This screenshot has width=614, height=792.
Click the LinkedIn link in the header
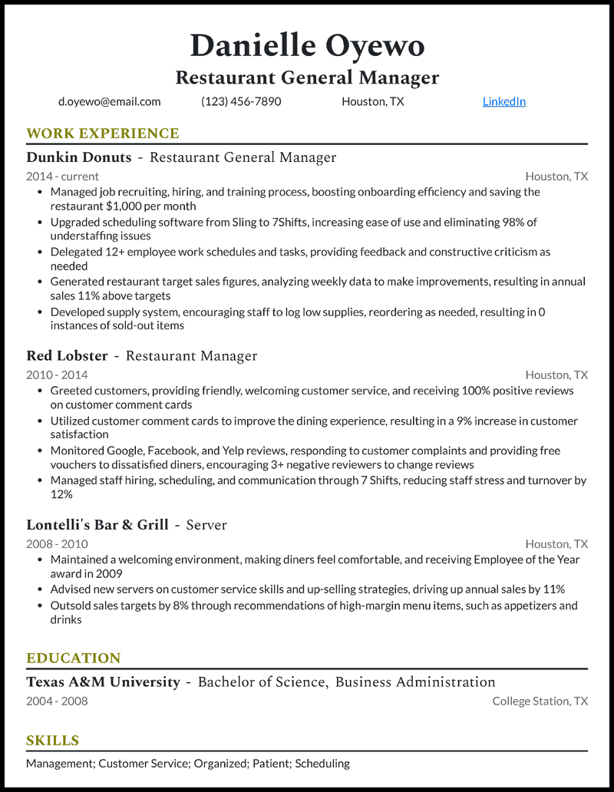coord(503,101)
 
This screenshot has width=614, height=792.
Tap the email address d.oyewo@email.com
coord(109,101)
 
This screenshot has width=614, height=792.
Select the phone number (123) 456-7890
coord(241,101)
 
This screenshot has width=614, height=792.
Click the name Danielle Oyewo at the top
coord(307,46)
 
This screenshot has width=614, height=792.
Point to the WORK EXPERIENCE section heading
coord(102,134)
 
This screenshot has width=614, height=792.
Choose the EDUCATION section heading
coord(74,658)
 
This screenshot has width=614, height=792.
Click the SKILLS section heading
coord(53,741)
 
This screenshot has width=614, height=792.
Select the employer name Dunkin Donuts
coord(79,158)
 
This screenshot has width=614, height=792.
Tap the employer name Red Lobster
coord(67,356)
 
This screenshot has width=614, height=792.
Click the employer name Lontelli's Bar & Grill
coord(97,525)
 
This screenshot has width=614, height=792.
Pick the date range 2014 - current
coord(62,177)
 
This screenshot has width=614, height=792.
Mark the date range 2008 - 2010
coord(57,544)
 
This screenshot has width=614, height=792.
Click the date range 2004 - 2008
coord(57,701)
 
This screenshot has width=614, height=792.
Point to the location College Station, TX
coord(540,701)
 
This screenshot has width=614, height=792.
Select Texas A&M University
coord(103,682)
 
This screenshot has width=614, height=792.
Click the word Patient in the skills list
coord(269,764)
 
